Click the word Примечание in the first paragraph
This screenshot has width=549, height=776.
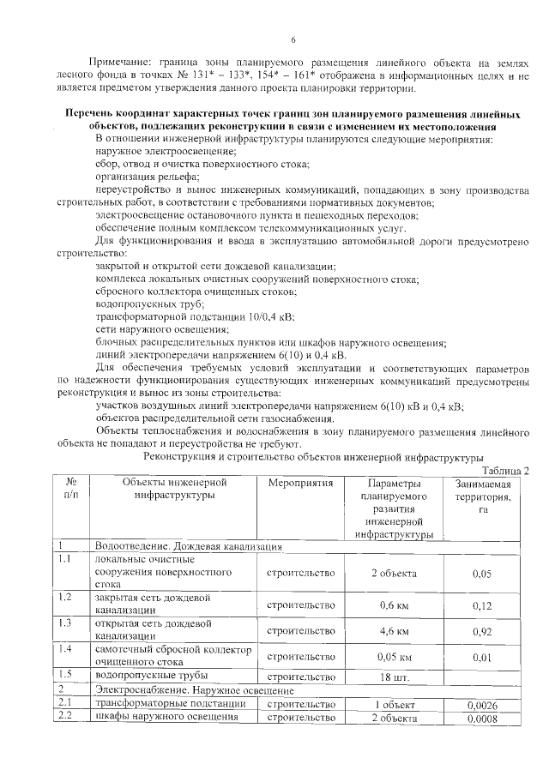click(124, 63)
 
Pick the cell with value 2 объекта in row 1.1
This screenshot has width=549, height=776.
click(394, 573)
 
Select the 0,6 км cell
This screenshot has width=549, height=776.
click(394, 605)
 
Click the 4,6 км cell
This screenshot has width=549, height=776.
click(394, 631)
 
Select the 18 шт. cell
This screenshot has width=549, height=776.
click(394, 677)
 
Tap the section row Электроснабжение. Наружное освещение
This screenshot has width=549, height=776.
click(195, 690)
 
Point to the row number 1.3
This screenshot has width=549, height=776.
click(63, 623)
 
